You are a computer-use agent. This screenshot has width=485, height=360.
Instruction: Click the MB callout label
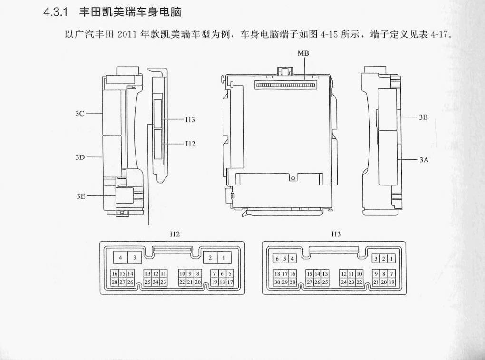(x=303, y=53)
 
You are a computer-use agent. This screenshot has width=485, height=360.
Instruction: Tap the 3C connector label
(x=80, y=114)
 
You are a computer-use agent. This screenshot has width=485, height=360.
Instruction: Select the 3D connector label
(x=80, y=157)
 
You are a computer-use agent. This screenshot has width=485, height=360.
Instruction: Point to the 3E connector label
(x=81, y=196)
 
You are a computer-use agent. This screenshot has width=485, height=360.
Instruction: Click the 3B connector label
(x=423, y=117)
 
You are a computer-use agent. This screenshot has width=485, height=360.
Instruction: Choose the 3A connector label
(x=424, y=160)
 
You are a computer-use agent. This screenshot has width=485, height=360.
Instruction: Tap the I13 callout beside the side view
(x=190, y=120)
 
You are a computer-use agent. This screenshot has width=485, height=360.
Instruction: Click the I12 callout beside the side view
(x=191, y=144)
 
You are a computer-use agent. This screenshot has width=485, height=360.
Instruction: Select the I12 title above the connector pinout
(x=175, y=234)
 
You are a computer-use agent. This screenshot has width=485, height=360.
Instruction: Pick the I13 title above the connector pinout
(x=336, y=234)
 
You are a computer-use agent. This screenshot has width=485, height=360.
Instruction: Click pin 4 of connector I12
(x=121, y=257)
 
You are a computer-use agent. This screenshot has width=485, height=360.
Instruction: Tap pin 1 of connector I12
(x=224, y=257)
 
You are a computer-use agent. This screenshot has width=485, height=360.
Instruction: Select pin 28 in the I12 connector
(x=115, y=282)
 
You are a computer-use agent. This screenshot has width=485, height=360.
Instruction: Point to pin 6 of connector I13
(x=277, y=259)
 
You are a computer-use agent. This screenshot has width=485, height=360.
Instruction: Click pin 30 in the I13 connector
(x=277, y=282)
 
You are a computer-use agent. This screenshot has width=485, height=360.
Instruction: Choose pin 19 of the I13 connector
(x=392, y=282)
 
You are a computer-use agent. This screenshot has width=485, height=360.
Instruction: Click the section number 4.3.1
(x=55, y=12)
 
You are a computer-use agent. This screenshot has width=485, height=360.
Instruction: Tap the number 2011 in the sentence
(x=127, y=34)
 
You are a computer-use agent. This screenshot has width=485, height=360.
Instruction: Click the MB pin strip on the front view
(x=286, y=85)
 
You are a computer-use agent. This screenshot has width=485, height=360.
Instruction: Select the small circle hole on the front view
(x=291, y=178)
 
